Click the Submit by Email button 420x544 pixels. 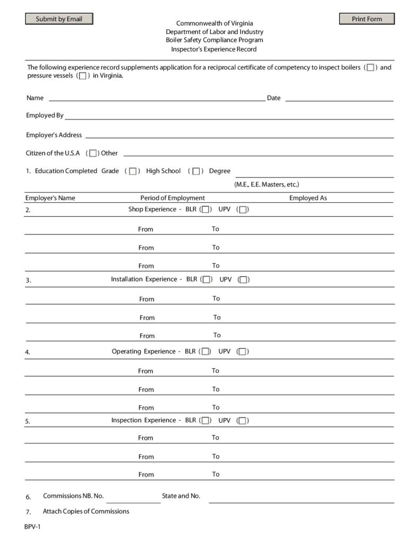click(x=59, y=19)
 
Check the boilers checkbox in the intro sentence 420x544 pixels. click(x=371, y=67)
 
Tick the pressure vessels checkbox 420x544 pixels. click(x=82, y=76)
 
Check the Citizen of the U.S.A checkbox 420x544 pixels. click(x=93, y=154)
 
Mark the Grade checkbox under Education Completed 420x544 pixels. click(x=133, y=172)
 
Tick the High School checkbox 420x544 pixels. click(x=196, y=172)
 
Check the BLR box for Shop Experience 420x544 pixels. click(x=205, y=210)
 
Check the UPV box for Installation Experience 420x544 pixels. click(x=244, y=280)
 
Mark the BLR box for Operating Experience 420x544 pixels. click(x=205, y=352)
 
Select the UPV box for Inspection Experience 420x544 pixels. click(x=242, y=421)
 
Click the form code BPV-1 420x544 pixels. click(x=32, y=527)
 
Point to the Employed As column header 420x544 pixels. click(x=308, y=198)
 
